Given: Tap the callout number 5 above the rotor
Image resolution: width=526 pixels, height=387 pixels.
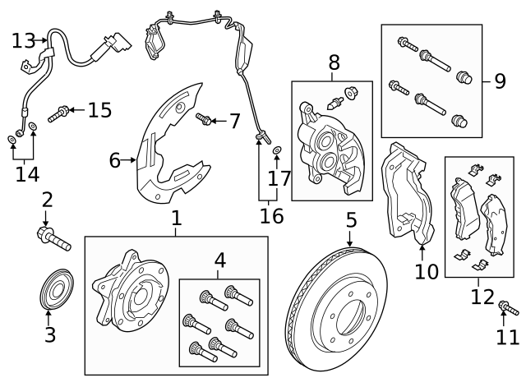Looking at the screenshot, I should click(x=351, y=219).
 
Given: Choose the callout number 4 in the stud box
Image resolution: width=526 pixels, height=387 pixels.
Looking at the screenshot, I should click(x=219, y=261).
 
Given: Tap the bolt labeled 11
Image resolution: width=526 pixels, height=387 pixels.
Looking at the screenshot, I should click(x=508, y=308).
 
